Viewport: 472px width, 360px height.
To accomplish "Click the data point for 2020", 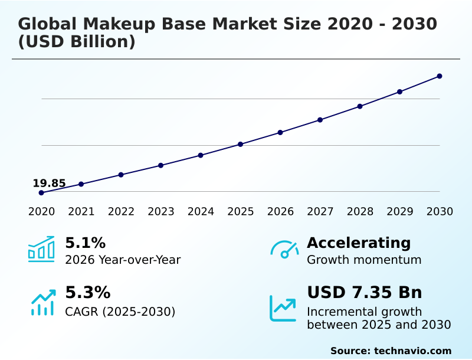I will (41, 193).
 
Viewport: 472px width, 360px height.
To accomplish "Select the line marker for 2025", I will (241, 144).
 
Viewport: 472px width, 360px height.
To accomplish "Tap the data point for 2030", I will (440, 76).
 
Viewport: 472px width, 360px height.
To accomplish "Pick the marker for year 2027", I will (320, 120).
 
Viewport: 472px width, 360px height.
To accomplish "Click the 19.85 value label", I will (49, 184).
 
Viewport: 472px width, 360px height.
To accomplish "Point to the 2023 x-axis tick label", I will (160, 212).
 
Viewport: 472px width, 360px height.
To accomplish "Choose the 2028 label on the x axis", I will (360, 212).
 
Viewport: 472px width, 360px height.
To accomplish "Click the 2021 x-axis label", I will (81, 212).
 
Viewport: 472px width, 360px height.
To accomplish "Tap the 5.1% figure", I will (85, 243).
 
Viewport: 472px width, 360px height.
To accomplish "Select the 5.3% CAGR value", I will (87, 293).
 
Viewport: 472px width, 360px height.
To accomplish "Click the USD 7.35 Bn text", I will (364, 293).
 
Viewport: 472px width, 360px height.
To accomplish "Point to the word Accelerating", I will (359, 243).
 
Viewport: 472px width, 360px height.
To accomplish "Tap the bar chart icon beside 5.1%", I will (41, 249).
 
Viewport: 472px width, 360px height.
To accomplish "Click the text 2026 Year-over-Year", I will (123, 260).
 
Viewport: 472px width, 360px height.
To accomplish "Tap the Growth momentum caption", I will (364, 260).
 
